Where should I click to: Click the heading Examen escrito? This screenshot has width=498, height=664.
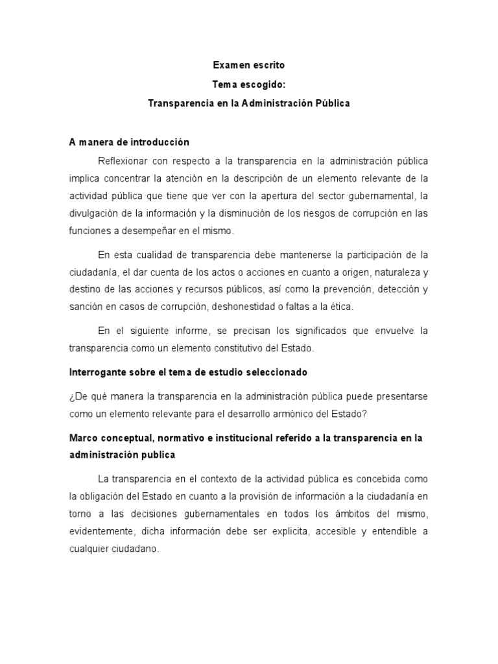pos(249,65)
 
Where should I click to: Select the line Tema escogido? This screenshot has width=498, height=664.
pos(249,84)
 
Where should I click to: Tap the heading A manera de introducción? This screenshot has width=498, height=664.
pos(129,142)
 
